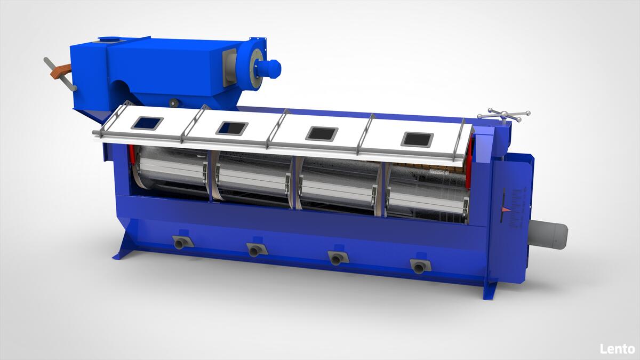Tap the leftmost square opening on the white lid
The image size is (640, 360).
click(x=147, y=123)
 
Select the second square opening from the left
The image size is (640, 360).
click(x=232, y=129)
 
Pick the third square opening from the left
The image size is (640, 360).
click(x=322, y=133)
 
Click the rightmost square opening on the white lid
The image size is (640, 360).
click(x=417, y=140)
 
